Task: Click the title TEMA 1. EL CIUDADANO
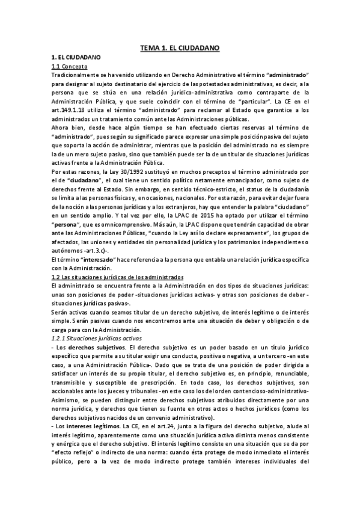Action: point(180,46)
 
